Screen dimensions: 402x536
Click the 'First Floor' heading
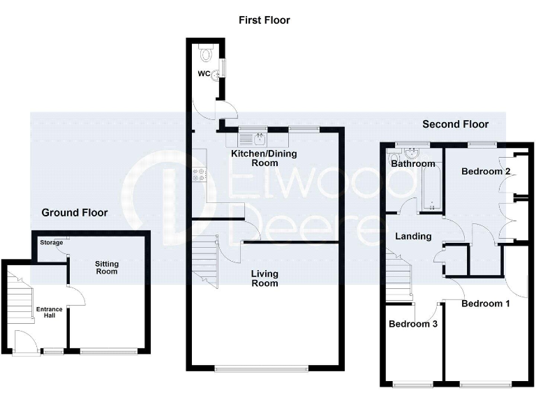[x=264, y=20]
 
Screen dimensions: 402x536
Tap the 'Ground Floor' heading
[x=75, y=212]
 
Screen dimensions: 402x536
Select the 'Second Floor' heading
[x=455, y=124]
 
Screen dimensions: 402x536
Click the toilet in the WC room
[x=205, y=52]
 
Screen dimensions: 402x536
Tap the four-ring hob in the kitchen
[x=198, y=175]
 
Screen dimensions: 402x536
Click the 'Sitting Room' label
[x=107, y=267]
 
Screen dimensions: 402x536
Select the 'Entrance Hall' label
[x=50, y=312]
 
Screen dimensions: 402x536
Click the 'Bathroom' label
[x=412, y=164]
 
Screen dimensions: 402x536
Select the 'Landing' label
[x=413, y=237]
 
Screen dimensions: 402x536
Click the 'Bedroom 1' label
[x=486, y=304]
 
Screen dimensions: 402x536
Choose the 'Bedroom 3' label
[x=413, y=324]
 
